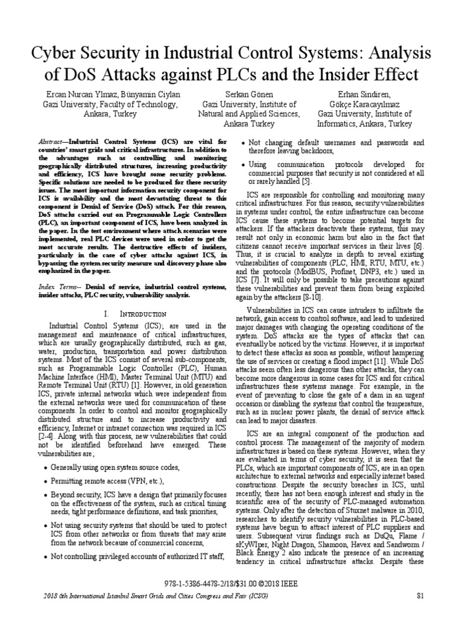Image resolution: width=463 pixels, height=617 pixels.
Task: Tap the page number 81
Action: click(421, 596)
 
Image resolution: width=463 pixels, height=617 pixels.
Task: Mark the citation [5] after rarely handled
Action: click(306, 181)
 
